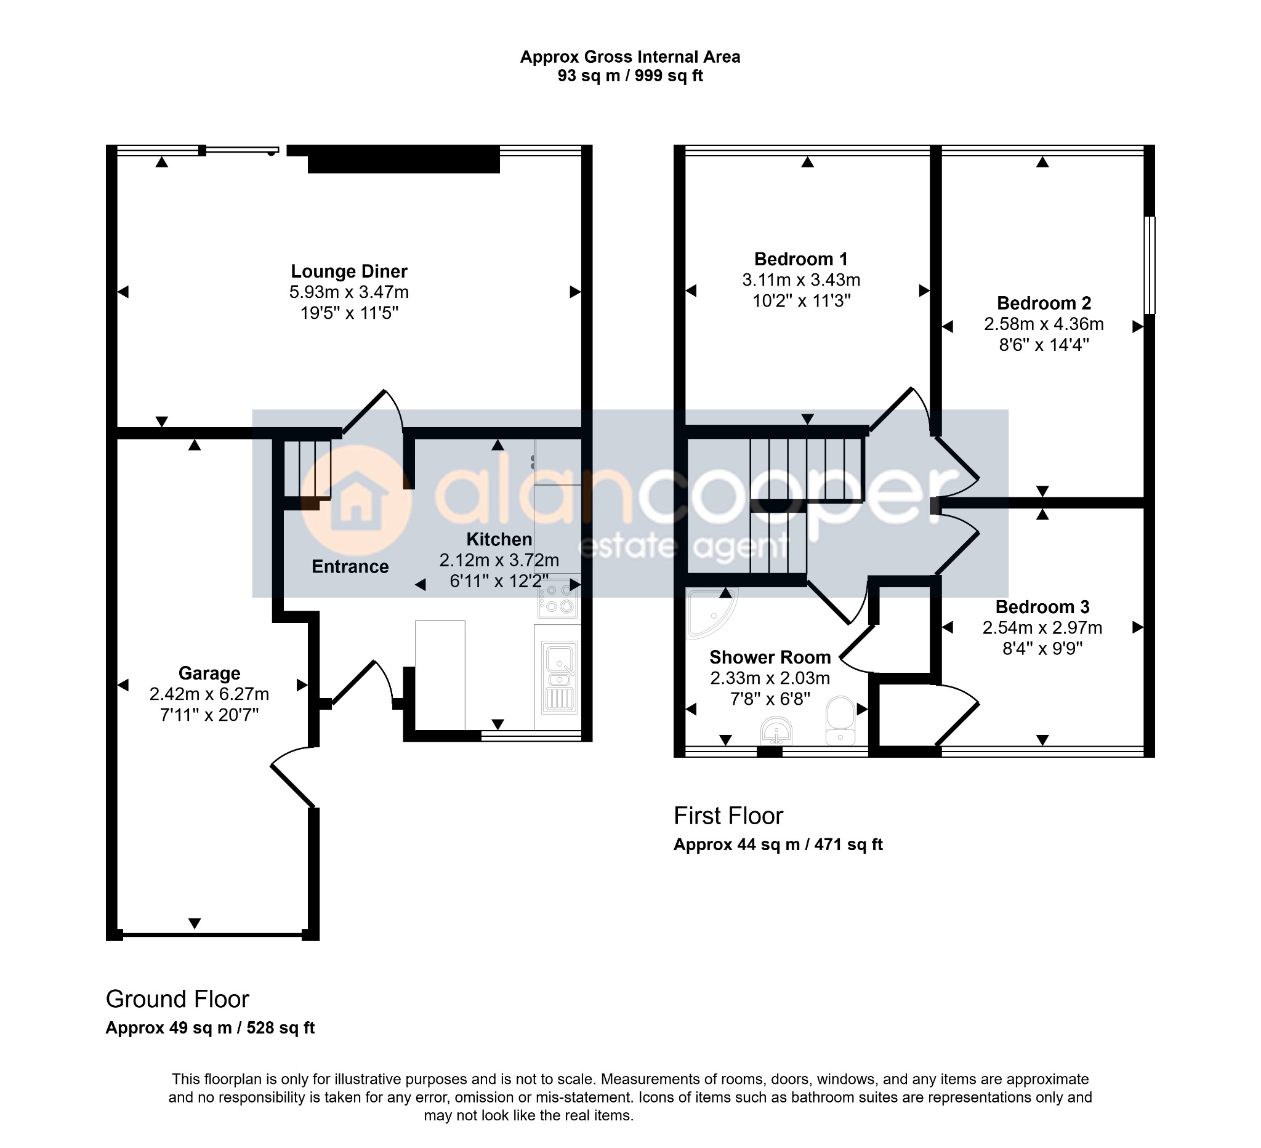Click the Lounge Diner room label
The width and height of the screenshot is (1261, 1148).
(x=349, y=271)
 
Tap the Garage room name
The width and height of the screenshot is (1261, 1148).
(x=209, y=673)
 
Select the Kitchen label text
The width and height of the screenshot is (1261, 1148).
(x=499, y=539)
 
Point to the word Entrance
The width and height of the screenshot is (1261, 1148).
(x=350, y=566)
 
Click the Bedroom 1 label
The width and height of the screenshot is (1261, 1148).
(x=800, y=259)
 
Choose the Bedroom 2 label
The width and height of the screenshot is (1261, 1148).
(x=1044, y=303)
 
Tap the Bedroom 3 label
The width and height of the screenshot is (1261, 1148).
(x=1042, y=607)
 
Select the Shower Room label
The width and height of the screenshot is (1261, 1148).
(x=770, y=657)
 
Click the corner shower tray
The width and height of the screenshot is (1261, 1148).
(x=711, y=612)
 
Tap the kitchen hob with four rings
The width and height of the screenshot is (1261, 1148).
(x=558, y=598)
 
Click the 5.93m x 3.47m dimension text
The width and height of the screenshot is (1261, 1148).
(x=349, y=292)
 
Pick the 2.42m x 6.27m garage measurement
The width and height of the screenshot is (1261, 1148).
(x=209, y=694)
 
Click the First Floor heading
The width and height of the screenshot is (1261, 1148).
(x=728, y=816)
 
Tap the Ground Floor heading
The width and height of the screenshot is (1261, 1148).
(x=178, y=999)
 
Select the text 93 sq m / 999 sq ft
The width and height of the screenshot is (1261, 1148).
(x=630, y=76)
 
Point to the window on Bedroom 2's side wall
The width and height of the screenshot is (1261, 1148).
(x=1150, y=265)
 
